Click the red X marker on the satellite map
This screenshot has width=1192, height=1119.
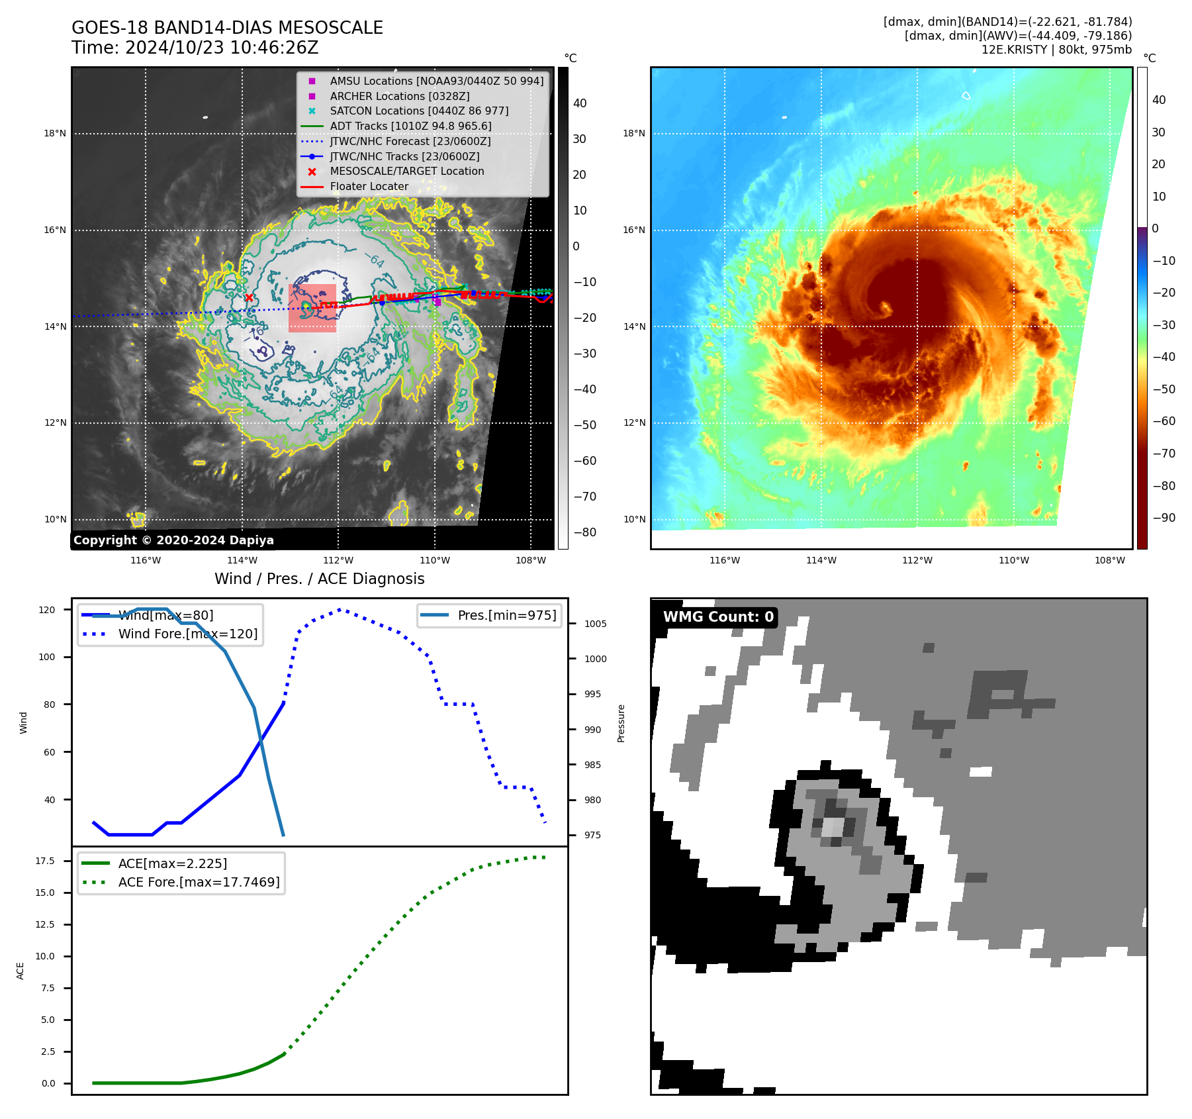point(249,298)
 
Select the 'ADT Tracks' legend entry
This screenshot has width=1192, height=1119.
point(410,126)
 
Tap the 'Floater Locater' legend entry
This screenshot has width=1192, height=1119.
point(369,187)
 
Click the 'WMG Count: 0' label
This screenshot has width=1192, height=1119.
point(718,617)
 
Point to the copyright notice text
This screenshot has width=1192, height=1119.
point(173,540)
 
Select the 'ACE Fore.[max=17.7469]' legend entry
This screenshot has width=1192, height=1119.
point(199,882)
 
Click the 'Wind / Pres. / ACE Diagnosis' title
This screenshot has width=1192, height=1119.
point(319,579)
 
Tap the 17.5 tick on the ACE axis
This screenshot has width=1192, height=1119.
point(45,861)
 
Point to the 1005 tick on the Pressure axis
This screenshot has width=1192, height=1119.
point(596,624)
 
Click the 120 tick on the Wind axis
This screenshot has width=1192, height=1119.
point(47,610)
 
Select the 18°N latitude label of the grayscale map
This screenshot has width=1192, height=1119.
point(55,134)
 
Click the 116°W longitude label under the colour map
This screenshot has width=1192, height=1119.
point(725,560)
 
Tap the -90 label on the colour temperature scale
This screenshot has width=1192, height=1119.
point(1164,518)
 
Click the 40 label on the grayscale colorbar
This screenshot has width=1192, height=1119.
point(580,103)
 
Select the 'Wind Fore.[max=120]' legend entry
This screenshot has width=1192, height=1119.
point(188,634)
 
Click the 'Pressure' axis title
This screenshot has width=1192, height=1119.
point(621,723)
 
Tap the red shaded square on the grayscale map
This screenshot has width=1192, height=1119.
point(312,308)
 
